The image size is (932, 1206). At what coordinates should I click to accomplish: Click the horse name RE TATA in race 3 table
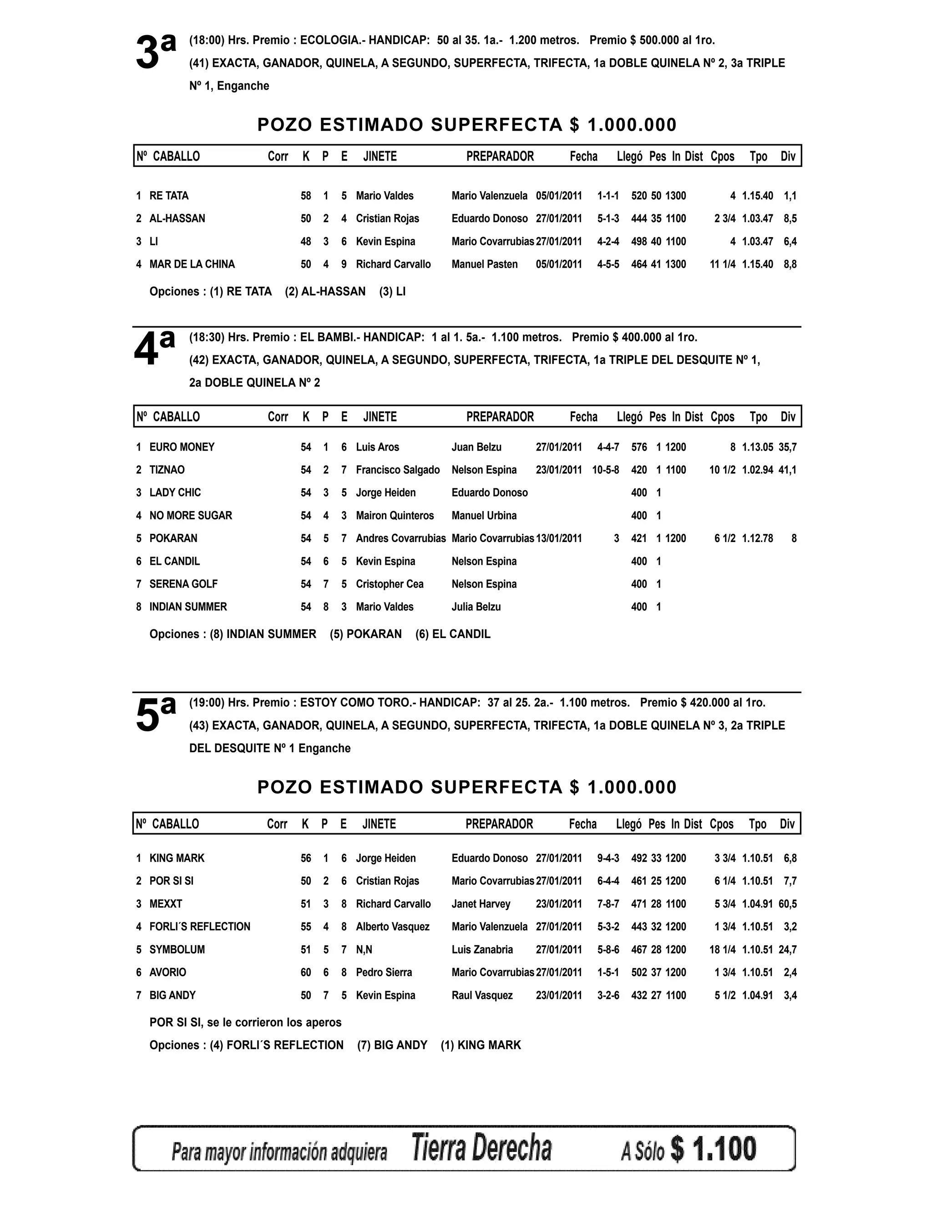point(169,196)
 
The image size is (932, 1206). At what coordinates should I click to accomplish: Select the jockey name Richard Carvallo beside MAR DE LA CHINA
point(393,264)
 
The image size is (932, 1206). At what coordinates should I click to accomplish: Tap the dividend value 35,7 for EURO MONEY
point(787,447)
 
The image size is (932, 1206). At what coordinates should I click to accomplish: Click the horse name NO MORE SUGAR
point(191,515)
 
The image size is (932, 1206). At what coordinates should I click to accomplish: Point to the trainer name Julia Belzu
point(476,606)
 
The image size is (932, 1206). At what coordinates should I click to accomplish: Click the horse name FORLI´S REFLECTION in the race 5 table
point(200,926)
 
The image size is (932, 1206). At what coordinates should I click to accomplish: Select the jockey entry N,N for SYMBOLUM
point(364,949)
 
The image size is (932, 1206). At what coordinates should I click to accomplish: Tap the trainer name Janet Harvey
point(481,903)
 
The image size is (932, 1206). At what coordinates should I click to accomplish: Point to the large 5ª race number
point(156,714)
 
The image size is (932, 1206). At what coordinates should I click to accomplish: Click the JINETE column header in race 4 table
point(380,416)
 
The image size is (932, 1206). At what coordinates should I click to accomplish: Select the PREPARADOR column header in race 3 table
point(500,156)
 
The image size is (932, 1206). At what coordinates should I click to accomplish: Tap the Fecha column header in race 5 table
point(582,824)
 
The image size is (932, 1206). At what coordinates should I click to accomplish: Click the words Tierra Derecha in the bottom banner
point(481,1147)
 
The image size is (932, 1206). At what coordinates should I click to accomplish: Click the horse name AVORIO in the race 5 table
point(168,972)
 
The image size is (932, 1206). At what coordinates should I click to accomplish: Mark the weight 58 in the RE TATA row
point(306,196)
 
